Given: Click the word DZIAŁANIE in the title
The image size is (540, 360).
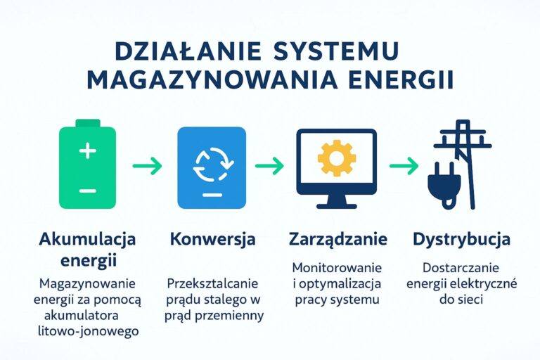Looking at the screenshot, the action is [x=188, y=51].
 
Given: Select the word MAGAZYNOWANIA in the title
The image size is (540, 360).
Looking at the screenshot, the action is [x=212, y=81].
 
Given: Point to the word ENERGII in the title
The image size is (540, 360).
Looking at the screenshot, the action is [x=401, y=81].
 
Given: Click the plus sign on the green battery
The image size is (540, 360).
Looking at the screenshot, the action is [x=87, y=151].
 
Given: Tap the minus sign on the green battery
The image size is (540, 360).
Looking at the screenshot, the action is [x=87, y=191].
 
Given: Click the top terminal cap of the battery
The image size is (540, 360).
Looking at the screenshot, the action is [x=87, y=123].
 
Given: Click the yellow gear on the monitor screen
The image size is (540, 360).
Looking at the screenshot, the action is [x=337, y=158].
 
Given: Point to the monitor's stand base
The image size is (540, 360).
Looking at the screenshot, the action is [x=337, y=206].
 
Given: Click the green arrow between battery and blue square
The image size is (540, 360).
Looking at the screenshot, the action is [x=147, y=166].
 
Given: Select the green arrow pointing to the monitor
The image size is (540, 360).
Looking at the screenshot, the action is [x=270, y=166].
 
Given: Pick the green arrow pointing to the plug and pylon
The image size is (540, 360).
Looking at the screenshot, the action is [x=404, y=166].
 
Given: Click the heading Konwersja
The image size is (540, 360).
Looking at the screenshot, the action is [x=213, y=239].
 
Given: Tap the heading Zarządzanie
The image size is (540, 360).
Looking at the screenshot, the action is [x=337, y=240].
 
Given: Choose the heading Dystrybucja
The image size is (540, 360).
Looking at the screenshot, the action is [x=461, y=240].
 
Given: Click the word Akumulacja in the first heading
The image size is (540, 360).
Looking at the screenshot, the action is [x=87, y=239].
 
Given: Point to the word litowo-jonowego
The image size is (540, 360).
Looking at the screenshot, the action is [x=88, y=331].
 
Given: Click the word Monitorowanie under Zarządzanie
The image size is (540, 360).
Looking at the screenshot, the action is [x=337, y=268].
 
